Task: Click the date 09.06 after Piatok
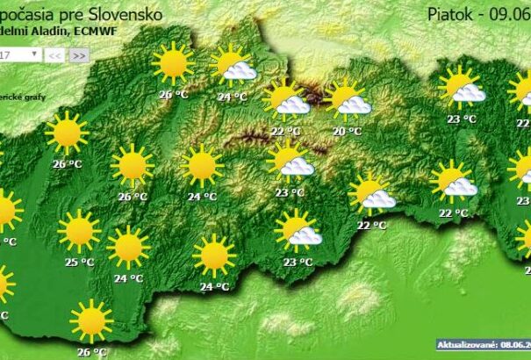tap(512, 14)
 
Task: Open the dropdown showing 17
tap(19, 54)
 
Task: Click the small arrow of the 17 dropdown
tap(34, 54)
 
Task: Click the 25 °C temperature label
tap(80, 262)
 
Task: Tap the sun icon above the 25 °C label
tap(79, 231)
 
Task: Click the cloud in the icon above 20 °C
tap(355, 105)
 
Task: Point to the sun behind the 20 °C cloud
tap(341, 94)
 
